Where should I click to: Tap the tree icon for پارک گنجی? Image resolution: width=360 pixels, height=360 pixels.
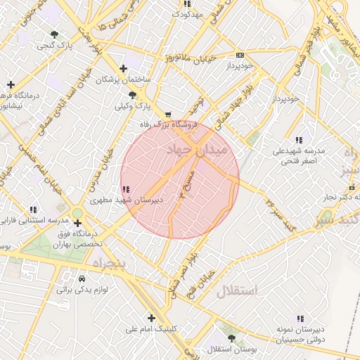coord(55,34)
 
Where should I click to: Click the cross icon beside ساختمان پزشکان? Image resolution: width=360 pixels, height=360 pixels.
coord(124,68)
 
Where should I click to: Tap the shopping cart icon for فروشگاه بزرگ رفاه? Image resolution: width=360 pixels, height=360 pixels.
coord(167,114)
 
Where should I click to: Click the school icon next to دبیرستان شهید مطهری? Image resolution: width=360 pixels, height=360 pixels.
coord(125,190)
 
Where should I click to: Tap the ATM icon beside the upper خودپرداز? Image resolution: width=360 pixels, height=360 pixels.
coord(240,54)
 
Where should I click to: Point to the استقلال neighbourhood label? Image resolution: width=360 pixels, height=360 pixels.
coord(236,290)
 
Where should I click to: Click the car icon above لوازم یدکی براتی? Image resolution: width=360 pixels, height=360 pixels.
coord(83,278)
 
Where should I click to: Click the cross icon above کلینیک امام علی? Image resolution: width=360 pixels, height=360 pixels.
coord(151,317)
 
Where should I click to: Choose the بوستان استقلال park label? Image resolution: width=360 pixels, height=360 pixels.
coord(234,349)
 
